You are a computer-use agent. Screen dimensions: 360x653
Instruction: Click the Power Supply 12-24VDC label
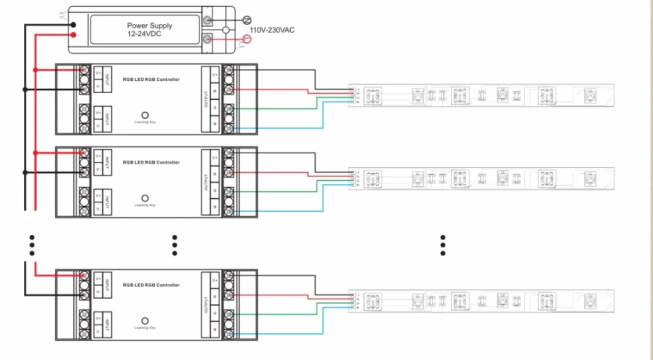(150, 29)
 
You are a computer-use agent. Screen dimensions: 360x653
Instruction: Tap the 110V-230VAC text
(272, 30)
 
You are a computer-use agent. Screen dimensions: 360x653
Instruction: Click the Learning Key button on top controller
(145, 114)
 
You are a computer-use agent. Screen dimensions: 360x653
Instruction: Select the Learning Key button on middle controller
(145, 197)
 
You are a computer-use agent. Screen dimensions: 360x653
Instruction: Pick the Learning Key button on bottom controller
(145, 320)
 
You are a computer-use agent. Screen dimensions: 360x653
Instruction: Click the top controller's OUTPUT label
(206, 100)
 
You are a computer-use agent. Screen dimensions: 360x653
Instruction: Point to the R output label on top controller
(215, 91)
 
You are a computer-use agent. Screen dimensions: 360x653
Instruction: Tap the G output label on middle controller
(215, 190)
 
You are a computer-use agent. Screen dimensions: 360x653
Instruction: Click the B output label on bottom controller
(215, 331)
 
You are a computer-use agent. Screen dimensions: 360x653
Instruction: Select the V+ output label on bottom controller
(215, 279)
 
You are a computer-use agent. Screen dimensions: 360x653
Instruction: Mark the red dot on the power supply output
(73, 35)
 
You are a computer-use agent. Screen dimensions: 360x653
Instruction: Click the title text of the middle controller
(151, 163)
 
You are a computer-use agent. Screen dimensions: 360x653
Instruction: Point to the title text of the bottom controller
(151, 285)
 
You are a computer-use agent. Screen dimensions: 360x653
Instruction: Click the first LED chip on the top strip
(373, 95)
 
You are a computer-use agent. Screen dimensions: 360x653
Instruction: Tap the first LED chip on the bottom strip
(373, 301)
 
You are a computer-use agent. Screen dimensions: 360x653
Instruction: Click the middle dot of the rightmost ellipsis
(443, 246)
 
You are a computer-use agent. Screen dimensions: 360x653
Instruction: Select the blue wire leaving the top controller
(274, 129)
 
